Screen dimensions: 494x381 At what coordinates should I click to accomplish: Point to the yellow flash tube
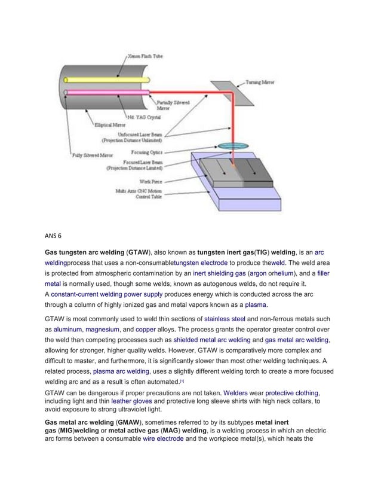click(x=90, y=79)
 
